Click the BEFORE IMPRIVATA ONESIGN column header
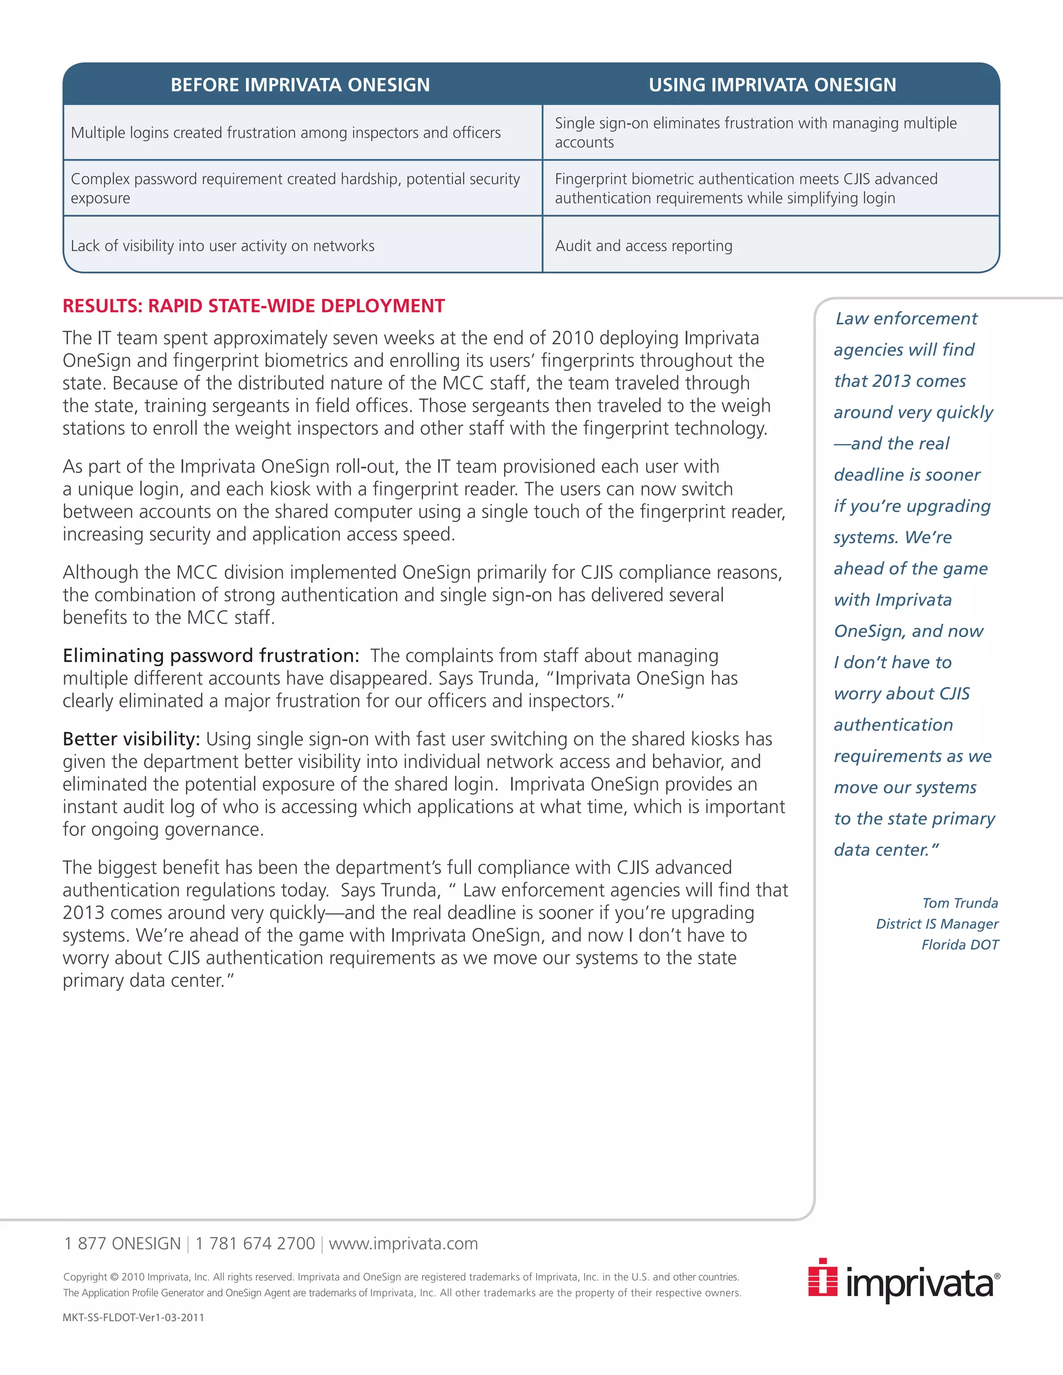tap(300, 85)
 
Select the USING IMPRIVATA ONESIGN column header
tap(772, 85)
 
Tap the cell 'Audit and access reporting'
tap(643, 245)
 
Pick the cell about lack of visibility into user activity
tap(222, 245)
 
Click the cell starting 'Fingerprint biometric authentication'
tap(746, 188)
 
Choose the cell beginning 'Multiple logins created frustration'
tap(285, 133)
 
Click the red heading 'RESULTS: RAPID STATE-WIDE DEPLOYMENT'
tap(253, 306)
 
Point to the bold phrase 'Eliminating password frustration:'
tap(210, 655)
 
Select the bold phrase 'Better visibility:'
tap(131, 738)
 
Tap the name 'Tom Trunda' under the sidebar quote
tap(960, 903)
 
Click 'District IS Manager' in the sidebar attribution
tap(936, 924)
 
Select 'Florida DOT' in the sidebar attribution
tap(960, 944)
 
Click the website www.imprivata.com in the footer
tap(403, 1243)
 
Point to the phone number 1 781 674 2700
tap(254, 1243)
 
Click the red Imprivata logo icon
tap(823, 1277)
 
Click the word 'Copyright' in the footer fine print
tap(85, 1277)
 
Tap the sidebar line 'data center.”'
tap(886, 850)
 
